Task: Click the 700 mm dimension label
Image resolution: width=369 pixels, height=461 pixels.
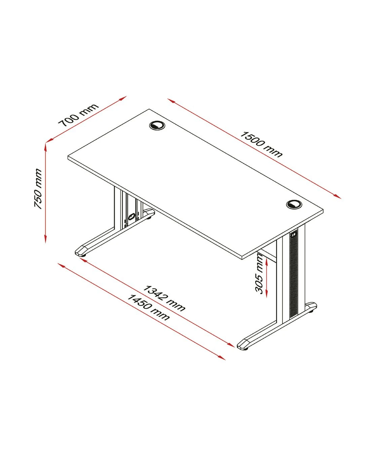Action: click(78, 115)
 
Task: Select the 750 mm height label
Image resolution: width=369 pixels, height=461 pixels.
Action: click(38, 189)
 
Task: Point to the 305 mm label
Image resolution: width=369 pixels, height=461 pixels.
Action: click(259, 274)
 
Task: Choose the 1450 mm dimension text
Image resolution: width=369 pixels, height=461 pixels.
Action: click(148, 307)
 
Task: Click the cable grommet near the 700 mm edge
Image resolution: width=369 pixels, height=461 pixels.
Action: click(157, 125)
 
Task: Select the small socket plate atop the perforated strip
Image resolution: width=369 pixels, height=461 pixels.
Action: click(294, 235)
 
